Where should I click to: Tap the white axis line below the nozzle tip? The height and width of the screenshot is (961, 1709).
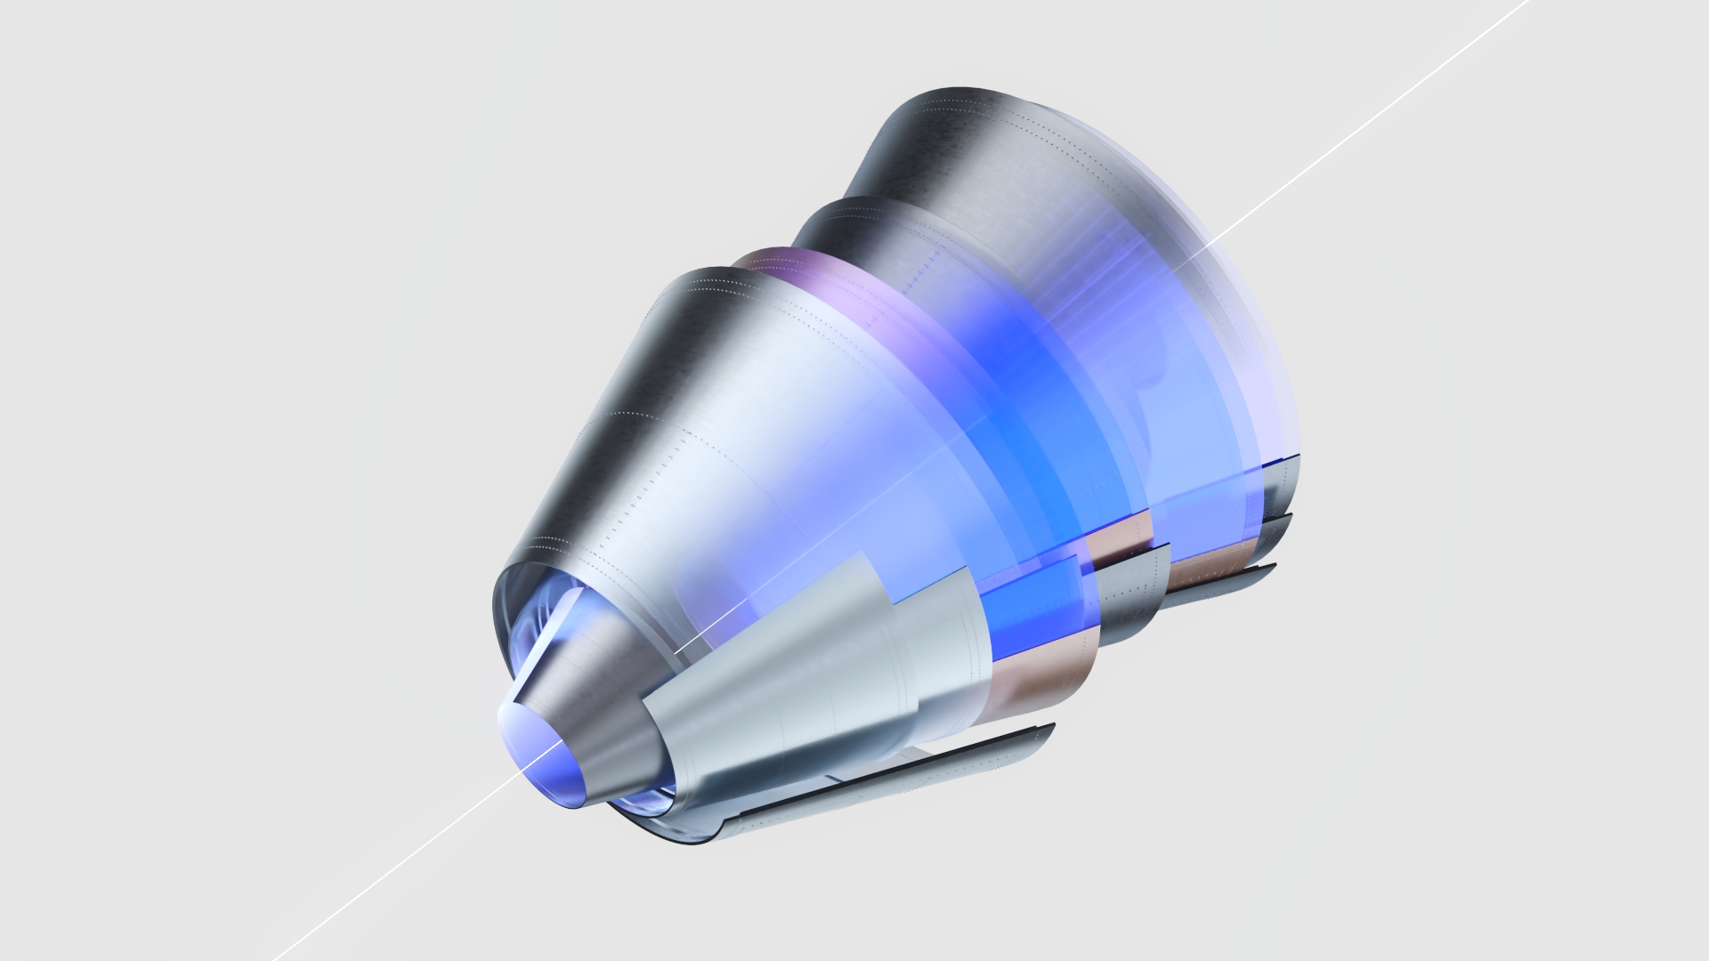pos(392,863)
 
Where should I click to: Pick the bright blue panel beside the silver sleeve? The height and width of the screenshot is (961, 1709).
pos(1033,605)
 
